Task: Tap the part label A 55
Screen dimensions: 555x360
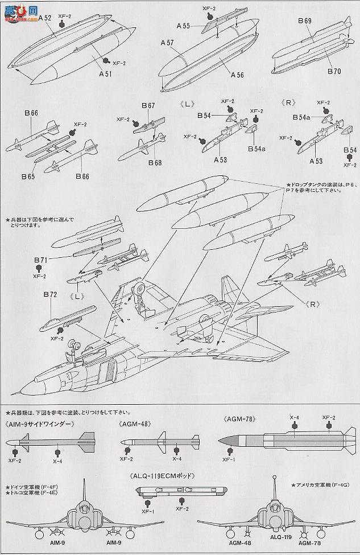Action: pyautogui.click(x=183, y=26)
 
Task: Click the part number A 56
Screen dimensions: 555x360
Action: pyautogui.click(x=237, y=74)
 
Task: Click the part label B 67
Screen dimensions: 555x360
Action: pyautogui.click(x=148, y=106)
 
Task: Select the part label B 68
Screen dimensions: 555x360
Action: pyautogui.click(x=155, y=162)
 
